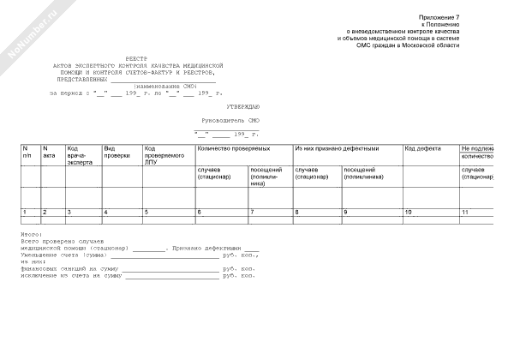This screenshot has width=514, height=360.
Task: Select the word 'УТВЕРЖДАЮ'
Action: pyautogui.click(x=230, y=105)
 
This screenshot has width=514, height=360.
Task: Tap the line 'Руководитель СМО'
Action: pyautogui.click(x=229, y=122)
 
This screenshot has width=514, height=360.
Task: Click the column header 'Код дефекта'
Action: pyautogui.click(x=422, y=148)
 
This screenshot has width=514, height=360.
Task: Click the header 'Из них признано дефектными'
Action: pyautogui.click(x=336, y=148)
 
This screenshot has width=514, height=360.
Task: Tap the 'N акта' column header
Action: pyautogui.click(x=49, y=152)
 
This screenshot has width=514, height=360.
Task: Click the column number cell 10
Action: pyautogui.click(x=408, y=211)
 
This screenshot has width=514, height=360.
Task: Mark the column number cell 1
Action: pyautogui.click(x=24, y=211)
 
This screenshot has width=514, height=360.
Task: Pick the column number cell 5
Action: pyautogui.click(x=146, y=211)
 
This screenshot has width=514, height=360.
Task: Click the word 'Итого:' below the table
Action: pyautogui.click(x=32, y=232)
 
